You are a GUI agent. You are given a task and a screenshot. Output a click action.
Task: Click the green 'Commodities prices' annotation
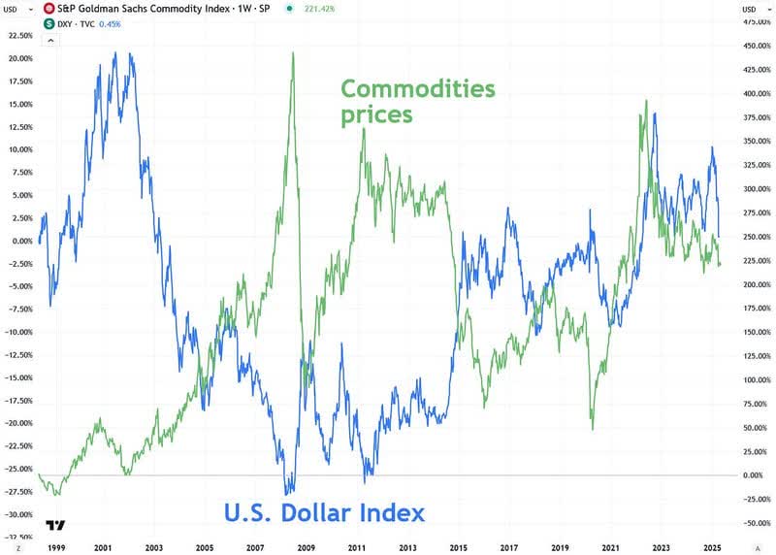click(x=417, y=102)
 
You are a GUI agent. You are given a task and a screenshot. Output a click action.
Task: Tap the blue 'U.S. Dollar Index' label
click(x=325, y=512)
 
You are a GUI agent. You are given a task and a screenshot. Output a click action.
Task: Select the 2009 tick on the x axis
click(x=307, y=546)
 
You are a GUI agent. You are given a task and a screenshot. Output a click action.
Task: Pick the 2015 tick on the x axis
click(x=460, y=546)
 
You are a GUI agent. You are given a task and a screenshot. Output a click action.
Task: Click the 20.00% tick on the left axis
click(x=18, y=58)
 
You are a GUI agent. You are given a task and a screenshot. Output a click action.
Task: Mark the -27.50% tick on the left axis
click(x=18, y=492)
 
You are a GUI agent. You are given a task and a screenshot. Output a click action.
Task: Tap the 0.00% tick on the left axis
click(x=18, y=242)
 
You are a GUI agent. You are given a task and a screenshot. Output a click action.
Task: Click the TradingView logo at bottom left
click(x=55, y=526)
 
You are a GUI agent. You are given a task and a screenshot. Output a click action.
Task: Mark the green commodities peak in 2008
click(x=293, y=53)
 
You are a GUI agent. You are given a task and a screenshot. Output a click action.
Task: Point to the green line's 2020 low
click(x=593, y=428)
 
